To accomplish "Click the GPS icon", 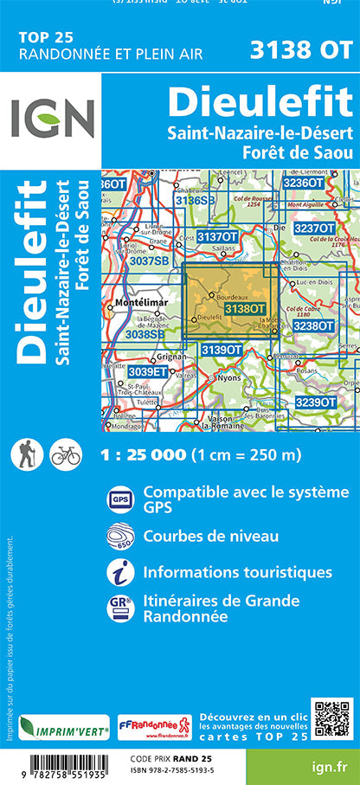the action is (118, 499).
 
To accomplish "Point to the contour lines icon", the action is (118, 536).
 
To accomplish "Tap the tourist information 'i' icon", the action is (118, 571).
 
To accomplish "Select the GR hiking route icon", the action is (119, 607).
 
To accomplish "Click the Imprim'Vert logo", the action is (64, 726).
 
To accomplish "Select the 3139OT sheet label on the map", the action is (221, 349).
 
